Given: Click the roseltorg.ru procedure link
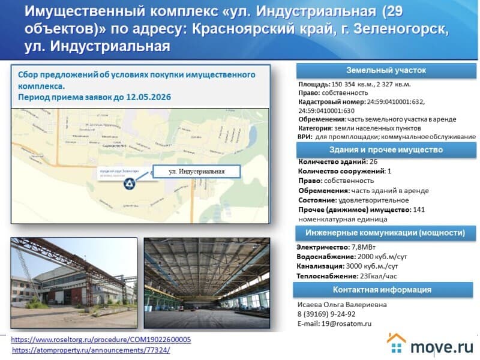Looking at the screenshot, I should pos(101,340).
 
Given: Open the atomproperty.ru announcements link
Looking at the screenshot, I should pos(91,350).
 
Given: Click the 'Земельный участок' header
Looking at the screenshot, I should pos(386,70).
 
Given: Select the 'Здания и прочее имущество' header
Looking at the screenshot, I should pos(386,149).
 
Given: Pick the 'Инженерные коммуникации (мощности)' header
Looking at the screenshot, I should pos(385,233).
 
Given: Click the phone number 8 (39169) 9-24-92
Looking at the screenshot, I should pos(326,314).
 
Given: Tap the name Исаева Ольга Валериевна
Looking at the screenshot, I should pos(342,304).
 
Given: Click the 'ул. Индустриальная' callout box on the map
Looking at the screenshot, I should pos(197,172).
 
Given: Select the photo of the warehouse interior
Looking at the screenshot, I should pos(206,284).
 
